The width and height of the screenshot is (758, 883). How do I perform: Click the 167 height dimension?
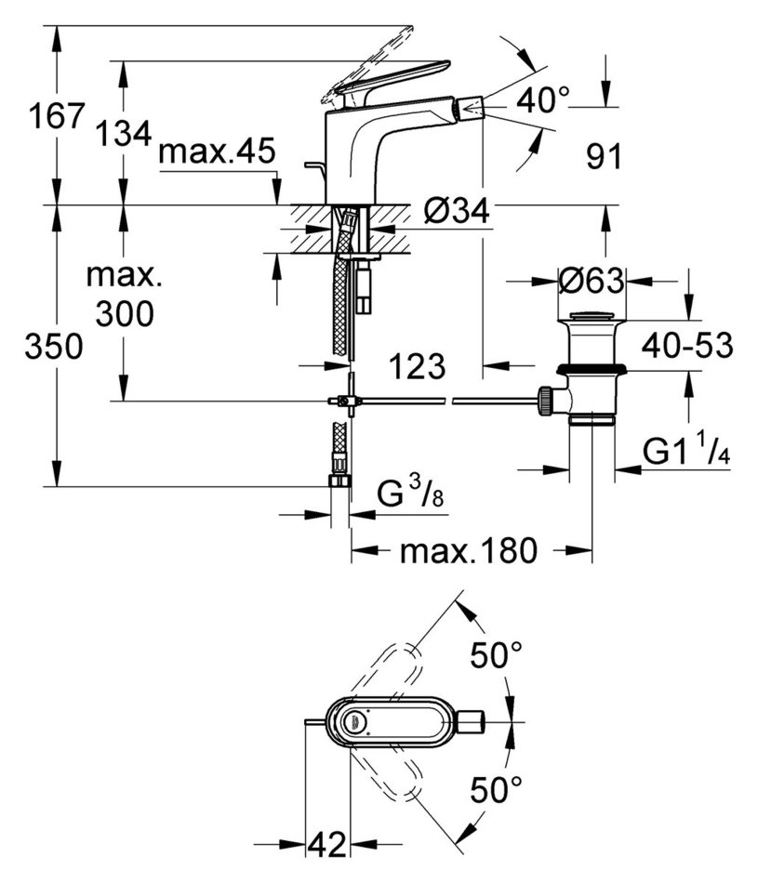pyautogui.click(x=57, y=116)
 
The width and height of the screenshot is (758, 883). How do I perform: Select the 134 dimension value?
pyautogui.click(x=124, y=134)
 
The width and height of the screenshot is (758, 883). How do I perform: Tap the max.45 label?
pyautogui.click(x=217, y=151)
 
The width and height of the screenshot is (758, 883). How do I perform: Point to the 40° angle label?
pyautogui.click(x=543, y=100)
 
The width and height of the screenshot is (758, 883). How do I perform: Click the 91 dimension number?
pyautogui.click(x=604, y=156)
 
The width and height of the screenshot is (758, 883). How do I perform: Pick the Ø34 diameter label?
pyautogui.click(x=457, y=211)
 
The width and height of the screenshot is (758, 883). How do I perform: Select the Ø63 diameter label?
pyautogui.click(x=592, y=281)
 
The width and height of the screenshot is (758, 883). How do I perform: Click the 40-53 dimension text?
pyautogui.click(x=687, y=345)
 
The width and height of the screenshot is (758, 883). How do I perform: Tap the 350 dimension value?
pyautogui.click(x=54, y=346)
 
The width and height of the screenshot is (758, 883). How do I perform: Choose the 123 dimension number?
pyautogui.click(x=417, y=366)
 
